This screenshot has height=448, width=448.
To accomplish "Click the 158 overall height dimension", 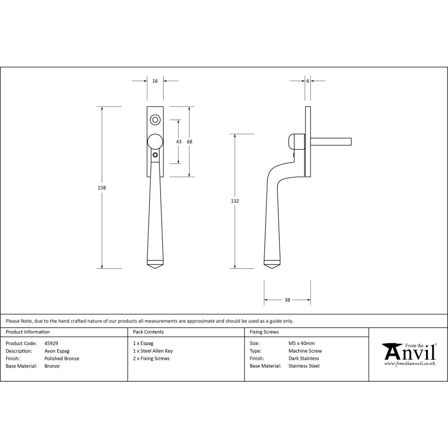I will click(102, 188).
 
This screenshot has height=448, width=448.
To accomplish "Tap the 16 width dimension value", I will click(155, 81).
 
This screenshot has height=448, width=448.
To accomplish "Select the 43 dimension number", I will click(179, 142).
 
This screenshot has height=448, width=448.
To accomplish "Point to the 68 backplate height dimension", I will click(190, 142).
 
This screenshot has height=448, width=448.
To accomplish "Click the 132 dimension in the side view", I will click(235, 201).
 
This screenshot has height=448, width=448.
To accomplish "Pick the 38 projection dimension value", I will click(287, 300).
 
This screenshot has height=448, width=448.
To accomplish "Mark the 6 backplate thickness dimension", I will click(308, 81).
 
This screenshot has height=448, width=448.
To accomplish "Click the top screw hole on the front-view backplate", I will click(155, 120).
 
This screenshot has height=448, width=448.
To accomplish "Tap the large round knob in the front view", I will click(155, 141).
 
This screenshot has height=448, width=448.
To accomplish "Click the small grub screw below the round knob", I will click(155, 155).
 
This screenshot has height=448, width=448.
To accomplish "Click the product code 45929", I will click(52, 344).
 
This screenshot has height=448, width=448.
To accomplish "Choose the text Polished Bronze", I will click(62, 358).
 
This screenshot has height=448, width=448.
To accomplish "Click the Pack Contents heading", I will click(148, 332).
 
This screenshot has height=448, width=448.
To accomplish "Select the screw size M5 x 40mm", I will click(302, 344).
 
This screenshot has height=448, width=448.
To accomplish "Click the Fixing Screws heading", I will click(264, 332).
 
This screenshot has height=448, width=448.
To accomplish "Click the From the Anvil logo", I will click(409, 353).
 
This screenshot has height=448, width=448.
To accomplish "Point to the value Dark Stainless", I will click(304, 358).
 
